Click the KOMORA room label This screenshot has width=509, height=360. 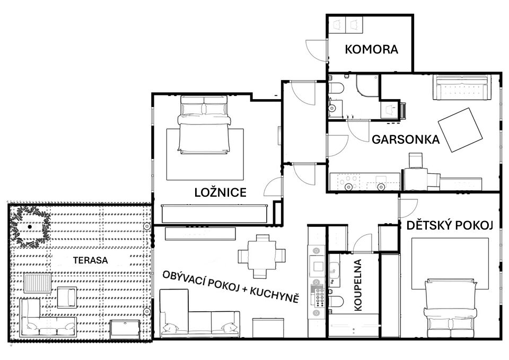click(x=371, y=49)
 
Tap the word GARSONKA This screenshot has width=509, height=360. click(x=406, y=139)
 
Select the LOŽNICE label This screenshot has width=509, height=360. click(x=221, y=192)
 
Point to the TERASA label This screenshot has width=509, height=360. click(x=91, y=260)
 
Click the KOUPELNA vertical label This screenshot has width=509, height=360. click(x=358, y=285)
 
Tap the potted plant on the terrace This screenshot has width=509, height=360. click(x=30, y=226)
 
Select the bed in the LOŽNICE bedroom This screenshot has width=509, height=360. click(x=204, y=124)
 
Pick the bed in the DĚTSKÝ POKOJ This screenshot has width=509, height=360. click(x=451, y=309)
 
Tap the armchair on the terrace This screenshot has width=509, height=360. click(x=67, y=297)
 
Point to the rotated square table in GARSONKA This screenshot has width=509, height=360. click(x=460, y=130)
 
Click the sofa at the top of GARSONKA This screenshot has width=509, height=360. click(x=462, y=87)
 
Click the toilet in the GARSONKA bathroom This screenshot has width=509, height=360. click(x=336, y=88)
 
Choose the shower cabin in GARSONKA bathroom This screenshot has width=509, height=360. click(x=367, y=86)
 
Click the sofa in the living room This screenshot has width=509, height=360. click(x=200, y=314)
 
